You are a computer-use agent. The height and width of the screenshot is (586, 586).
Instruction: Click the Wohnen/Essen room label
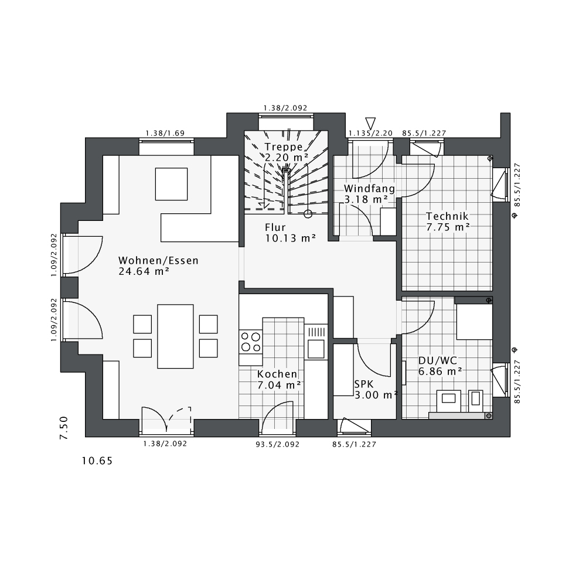point(158,260)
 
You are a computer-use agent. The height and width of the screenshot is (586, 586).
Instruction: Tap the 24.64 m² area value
point(144,271)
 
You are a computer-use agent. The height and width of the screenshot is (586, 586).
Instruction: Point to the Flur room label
point(275,227)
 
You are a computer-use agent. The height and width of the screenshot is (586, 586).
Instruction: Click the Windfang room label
point(369,189)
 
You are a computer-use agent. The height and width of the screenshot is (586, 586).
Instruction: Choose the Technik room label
point(448,216)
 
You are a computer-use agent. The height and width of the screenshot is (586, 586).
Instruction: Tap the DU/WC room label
point(437,360)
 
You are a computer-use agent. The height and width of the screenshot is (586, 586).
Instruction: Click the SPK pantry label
point(363,384)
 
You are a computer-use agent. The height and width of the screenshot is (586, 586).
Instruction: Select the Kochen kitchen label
point(277,374)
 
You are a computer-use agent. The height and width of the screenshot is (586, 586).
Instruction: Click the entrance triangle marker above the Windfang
point(370,122)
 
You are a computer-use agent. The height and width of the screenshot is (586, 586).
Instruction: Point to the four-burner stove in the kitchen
point(251,341)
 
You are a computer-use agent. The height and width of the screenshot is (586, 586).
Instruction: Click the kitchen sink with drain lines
point(316,339)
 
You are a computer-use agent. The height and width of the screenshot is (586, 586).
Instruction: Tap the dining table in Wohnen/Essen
point(175,336)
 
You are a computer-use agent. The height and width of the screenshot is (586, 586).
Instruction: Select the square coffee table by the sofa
point(171,184)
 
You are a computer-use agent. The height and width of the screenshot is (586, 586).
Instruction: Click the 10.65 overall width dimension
point(97,461)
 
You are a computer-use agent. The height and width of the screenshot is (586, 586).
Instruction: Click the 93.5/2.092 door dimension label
point(277,444)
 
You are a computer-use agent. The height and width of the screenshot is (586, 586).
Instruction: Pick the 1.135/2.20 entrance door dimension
point(370,134)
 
